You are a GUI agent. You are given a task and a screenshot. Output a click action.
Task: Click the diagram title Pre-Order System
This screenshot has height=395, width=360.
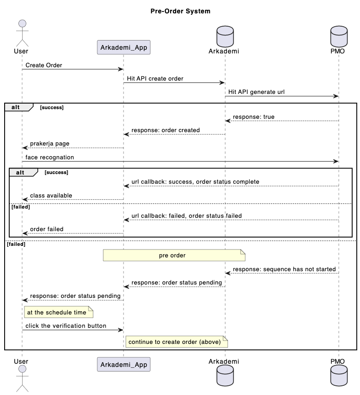[180, 11]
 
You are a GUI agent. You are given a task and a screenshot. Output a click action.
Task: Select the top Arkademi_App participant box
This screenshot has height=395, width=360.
[124, 47]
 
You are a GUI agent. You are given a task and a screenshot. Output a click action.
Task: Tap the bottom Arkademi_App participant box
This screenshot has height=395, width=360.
[124, 364]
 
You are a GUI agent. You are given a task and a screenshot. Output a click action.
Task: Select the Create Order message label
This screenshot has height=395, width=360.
[44, 65]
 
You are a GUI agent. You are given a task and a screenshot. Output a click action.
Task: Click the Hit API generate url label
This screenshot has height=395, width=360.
[256, 92]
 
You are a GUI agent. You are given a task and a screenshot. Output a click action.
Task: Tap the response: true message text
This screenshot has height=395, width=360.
[254, 117]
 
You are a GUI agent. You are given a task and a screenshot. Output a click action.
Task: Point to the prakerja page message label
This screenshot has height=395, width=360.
[50, 144]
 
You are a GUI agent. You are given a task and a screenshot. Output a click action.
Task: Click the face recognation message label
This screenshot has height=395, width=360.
[50, 157]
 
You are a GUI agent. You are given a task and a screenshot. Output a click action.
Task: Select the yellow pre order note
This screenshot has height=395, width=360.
[174, 256]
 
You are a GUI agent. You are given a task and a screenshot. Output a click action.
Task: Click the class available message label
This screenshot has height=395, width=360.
[51, 196]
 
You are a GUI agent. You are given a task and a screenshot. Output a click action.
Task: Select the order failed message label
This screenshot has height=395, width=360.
[47, 229]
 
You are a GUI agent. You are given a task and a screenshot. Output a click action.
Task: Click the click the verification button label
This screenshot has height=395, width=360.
[66, 326]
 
